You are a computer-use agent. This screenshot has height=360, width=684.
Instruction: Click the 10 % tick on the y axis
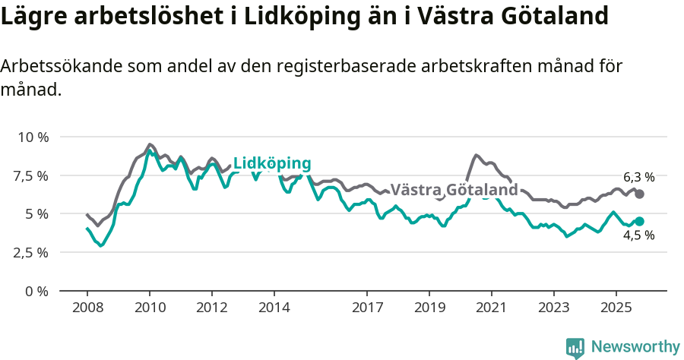[32, 137]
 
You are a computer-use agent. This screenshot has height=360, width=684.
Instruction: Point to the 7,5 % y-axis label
[32, 176]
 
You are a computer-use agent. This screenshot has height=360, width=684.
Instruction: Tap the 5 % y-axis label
[36, 214]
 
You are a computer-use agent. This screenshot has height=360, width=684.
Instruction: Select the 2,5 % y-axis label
[32, 253]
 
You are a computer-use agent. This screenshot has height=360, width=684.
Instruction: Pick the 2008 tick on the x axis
[87, 308]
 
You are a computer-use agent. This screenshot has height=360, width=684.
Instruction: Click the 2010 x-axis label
[149, 308]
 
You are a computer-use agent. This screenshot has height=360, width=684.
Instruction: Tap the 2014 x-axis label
[274, 308]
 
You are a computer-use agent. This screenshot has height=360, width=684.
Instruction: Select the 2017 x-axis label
[367, 308]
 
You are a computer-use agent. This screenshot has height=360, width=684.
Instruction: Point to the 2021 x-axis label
[491, 308]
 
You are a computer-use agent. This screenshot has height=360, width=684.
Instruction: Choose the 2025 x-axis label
[616, 308]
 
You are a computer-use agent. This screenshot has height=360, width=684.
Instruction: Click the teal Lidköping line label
[272, 163]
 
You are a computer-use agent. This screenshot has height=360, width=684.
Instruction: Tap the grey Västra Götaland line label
[454, 189]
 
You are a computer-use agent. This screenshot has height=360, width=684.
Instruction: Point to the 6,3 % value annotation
[638, 177]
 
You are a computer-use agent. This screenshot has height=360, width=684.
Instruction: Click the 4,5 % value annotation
[638, 235]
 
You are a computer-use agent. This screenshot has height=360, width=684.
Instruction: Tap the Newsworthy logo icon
[575, 348]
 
